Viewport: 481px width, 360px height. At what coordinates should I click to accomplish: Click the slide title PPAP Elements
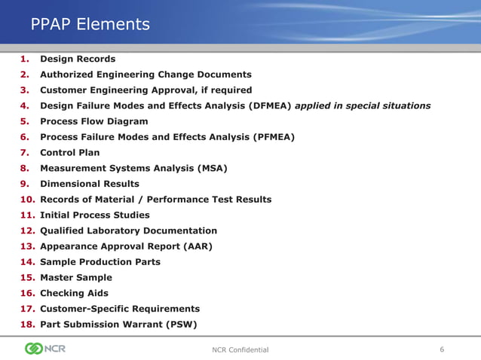(90, 25)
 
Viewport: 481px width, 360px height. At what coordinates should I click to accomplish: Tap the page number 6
(442, 349)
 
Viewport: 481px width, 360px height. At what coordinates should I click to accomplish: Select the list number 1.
(25, 59)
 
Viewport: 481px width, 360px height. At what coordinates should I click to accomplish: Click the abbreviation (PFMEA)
(271, 137)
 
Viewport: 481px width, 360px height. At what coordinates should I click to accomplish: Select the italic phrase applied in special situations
(363, 105)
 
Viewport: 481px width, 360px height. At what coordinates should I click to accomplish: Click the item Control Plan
(69, 153)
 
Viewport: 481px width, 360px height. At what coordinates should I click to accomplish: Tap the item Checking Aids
(74, 294)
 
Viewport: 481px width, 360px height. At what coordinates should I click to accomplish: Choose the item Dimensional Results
(89, 184)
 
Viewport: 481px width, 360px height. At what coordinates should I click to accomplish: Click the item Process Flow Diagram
(93, 121)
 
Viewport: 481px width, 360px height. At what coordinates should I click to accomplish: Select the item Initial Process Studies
(95, 215)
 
